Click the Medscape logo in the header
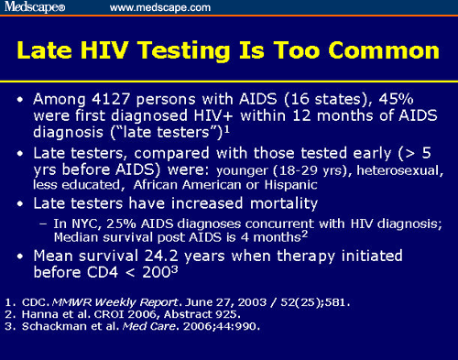(x=36, y=8)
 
